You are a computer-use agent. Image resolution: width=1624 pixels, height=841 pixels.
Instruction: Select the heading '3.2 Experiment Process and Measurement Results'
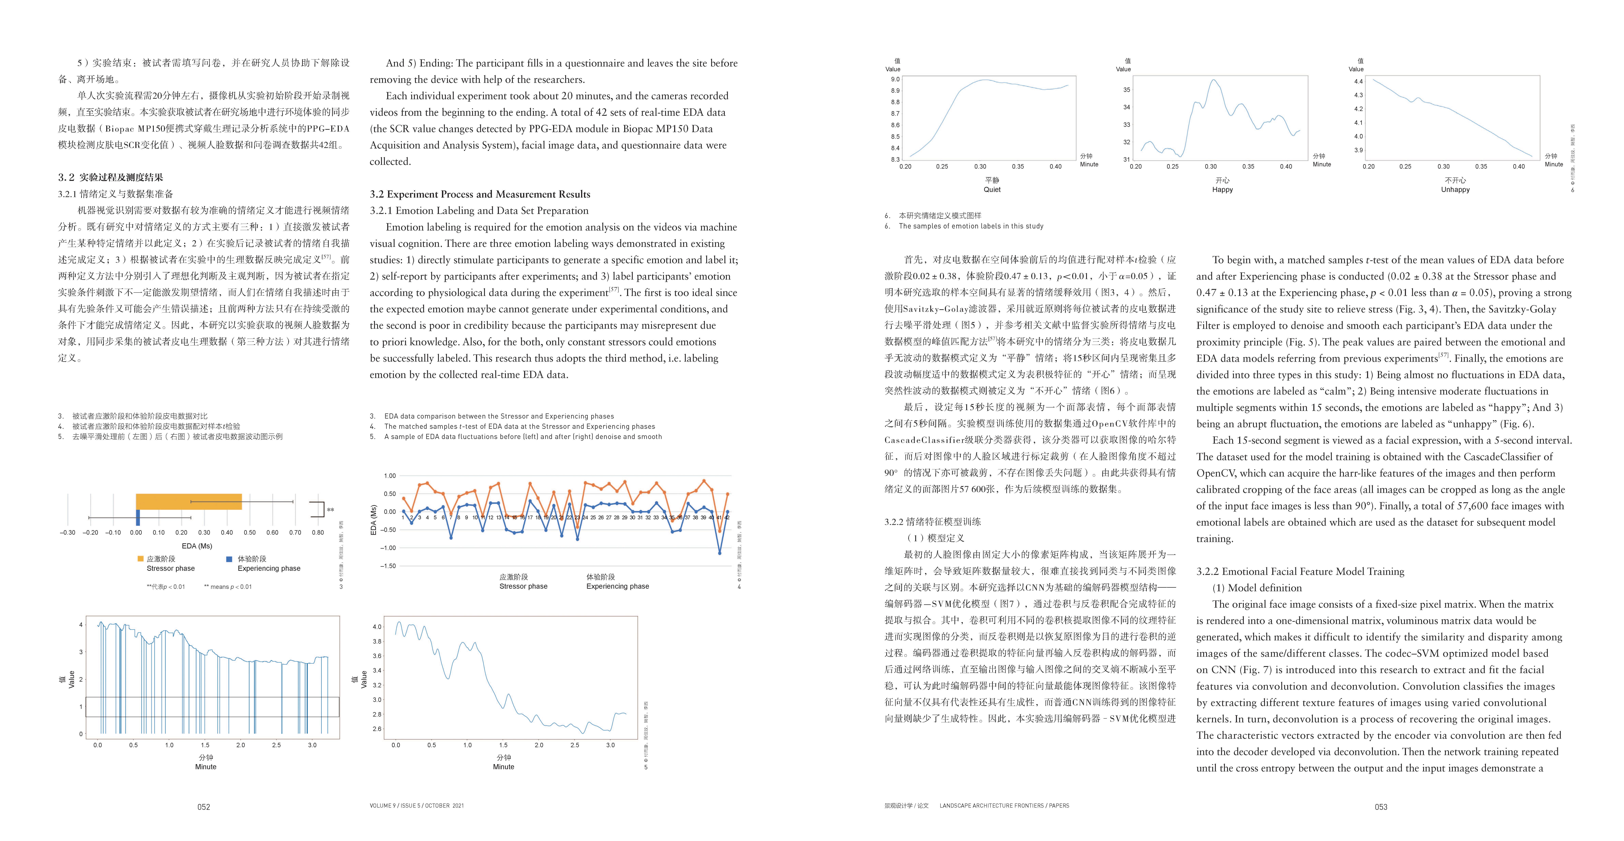tap(480, 194)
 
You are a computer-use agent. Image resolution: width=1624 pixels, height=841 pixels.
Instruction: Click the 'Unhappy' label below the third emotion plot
tap(1455, 189)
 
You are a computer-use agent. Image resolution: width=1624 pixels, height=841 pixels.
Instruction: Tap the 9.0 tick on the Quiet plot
tap(895, 79)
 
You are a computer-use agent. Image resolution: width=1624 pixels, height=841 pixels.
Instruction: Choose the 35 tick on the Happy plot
tap(1127, 90)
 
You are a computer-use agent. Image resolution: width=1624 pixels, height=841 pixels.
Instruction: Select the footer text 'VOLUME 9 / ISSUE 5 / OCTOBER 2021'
tap(417, 806)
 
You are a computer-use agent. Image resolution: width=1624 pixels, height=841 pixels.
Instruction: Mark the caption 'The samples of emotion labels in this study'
tap(971, 226)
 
